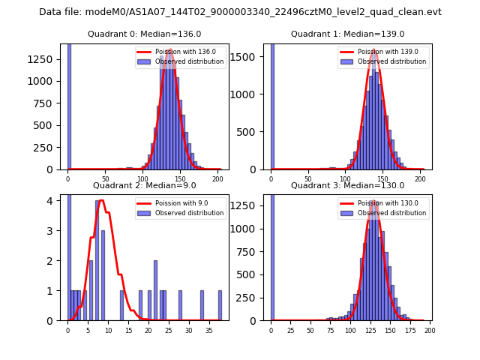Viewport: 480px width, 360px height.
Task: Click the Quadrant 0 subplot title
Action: coord(145,34)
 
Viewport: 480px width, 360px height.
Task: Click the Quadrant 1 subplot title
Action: coord(347,34)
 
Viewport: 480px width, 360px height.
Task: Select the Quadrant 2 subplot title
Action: coord(145,185)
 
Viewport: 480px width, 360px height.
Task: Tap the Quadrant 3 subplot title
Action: coord(347,185)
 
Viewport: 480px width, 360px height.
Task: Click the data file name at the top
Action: coord(240,12)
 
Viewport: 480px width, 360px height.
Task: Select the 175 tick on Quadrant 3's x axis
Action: coord(409,330)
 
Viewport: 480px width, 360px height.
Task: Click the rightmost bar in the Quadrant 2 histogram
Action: coord(220,305)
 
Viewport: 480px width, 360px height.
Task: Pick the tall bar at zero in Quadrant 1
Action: coord(272,105)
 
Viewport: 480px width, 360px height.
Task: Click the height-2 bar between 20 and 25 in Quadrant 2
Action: coord(155,290)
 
